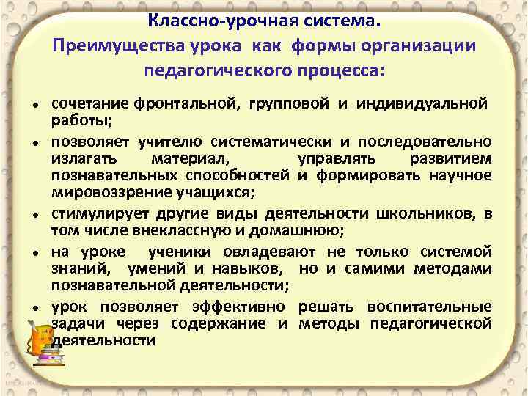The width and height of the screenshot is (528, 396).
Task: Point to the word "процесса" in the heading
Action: click(x=338, y=71)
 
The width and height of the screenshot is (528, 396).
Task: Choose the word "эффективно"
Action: click(x=247, y=306)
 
